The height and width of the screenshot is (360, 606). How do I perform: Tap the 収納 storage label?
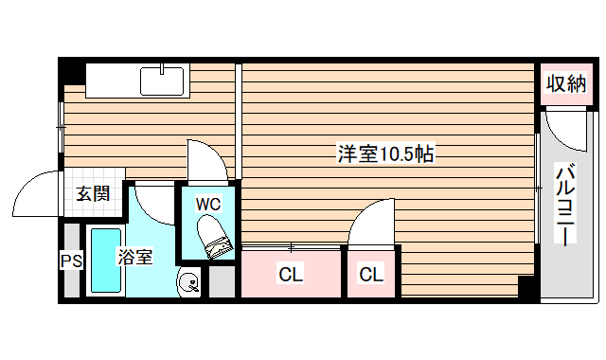click(565, 83)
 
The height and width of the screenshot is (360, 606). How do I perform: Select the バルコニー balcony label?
click(565, 205)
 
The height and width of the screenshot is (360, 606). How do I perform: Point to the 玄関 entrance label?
click(92, 194)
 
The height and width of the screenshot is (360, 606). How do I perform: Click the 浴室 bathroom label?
click(134, 257)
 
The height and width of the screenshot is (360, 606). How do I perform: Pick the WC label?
click(208, 204)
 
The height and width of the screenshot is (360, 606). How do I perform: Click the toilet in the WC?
click(213, 236)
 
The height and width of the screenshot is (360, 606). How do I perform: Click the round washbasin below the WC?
click(189, 281)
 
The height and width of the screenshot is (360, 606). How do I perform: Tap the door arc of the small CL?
click(369, 220)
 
